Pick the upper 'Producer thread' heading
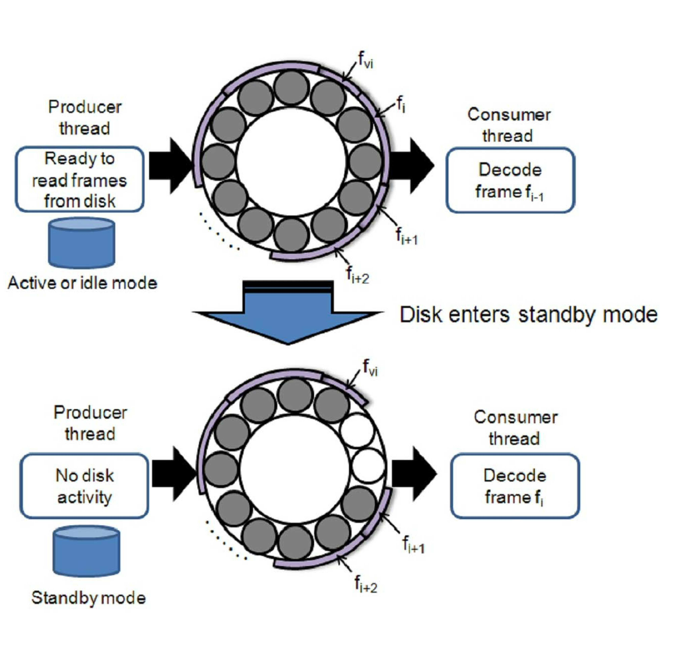point(85,117)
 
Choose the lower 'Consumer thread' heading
point(515,428)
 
